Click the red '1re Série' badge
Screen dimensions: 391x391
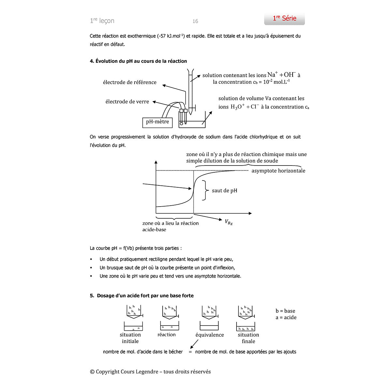pyautogui.click(x=284, y=19)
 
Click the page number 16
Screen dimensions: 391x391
pyautogui.click(x=195, y=21)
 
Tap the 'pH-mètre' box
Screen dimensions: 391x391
pyautogui.click(x=157, y=122)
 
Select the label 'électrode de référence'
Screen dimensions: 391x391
pyautogui.click(x=130, y=82)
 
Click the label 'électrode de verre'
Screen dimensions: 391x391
pyautogui.click(x=127, y=102)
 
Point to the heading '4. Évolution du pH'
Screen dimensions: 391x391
pyautogui.click(x=138, y=61)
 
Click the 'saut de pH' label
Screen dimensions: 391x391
pyautogui.click(x=224, y=191)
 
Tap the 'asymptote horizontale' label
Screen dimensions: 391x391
pyautogui.click(x=278, y=171)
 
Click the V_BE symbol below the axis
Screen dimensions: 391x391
pyautogui.click(x=228, y=222)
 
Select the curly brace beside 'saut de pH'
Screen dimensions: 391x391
pyautogui.click(x=205, y=190)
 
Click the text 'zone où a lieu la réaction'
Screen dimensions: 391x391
pyautogui.click(x=170, y=223)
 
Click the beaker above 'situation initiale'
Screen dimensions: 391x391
pyautogui.click(x=133, y=326)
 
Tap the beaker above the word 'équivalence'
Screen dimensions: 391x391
pyautogui.click(x=209, y=326)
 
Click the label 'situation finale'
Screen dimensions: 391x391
pyautogui.click(x=248, y=338)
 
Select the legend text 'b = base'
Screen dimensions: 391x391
pyautogui.click(x=285, y=311)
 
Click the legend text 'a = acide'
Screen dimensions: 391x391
pyautogui.click(x=286, y=317)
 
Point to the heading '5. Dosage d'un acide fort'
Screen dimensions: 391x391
pyautogui.click(x=142, y=296)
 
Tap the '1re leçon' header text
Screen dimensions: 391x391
pyautogui.click(x=102, y=21)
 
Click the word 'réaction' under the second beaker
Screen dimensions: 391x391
pyautogui.click(x=166, y=335)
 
